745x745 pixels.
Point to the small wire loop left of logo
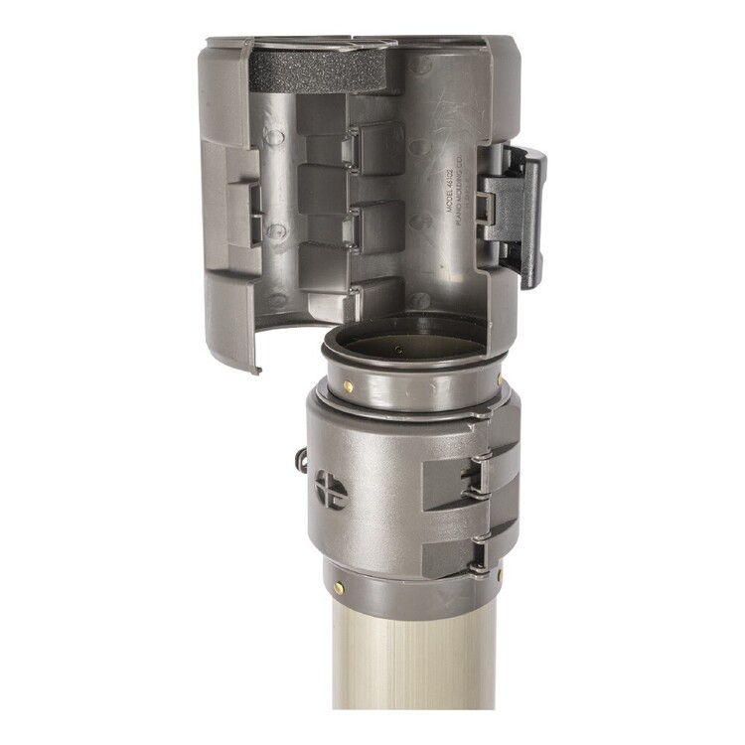pos(298,459)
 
